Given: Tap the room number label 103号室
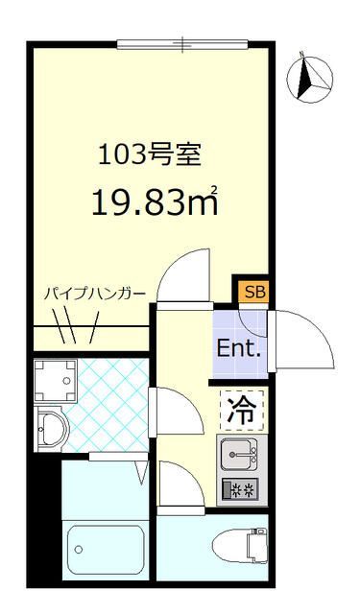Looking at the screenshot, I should pyautogui.click(x=145, y=154).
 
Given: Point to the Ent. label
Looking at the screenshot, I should pyautogui.click(x=239, y=348).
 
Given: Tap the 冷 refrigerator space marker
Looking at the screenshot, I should pyautogui.click(x=240, y=411).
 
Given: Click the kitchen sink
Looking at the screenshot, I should pyautogui.click(x=239, y=452).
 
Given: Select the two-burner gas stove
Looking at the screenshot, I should pyautogui.click(x=239, y=489).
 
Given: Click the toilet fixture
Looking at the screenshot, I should pyautogui.click(x=241, y=544).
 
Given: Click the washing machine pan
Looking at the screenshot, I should pyautogui.click(x=55, y=381).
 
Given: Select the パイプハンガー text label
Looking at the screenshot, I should pyautogui.click(x=94, y=294).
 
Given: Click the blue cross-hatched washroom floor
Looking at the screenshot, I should pyautogui.click(x=108, y=403).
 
